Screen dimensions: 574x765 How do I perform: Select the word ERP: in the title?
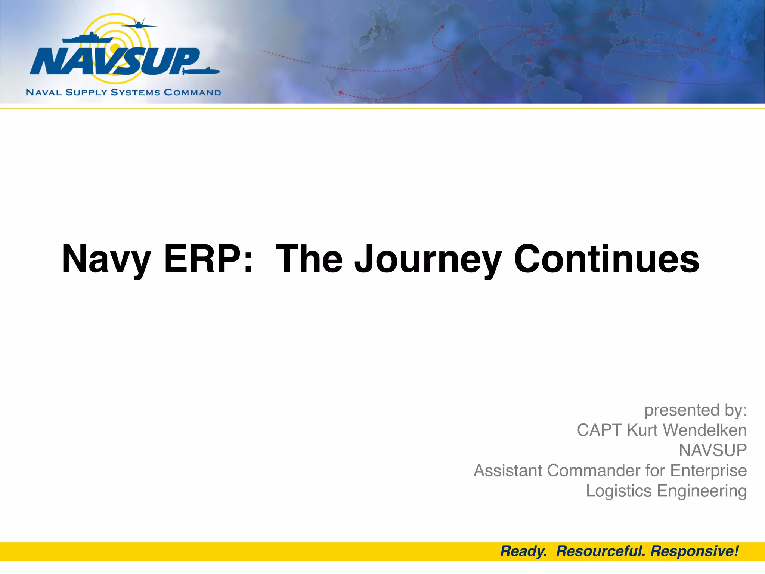click(208, 259)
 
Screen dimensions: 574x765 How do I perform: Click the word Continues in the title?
click(606, 259)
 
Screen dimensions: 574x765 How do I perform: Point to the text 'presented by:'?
click(696, 410)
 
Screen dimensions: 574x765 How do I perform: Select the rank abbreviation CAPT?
click(600, 430)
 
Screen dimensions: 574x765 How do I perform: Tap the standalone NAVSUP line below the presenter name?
click(712, 450)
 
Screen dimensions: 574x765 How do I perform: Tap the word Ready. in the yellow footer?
click(523, 552)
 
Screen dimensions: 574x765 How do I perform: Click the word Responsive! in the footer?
click(694, 552)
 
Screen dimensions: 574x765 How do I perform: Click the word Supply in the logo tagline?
click(86, 92)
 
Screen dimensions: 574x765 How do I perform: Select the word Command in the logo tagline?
click(192, 92)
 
